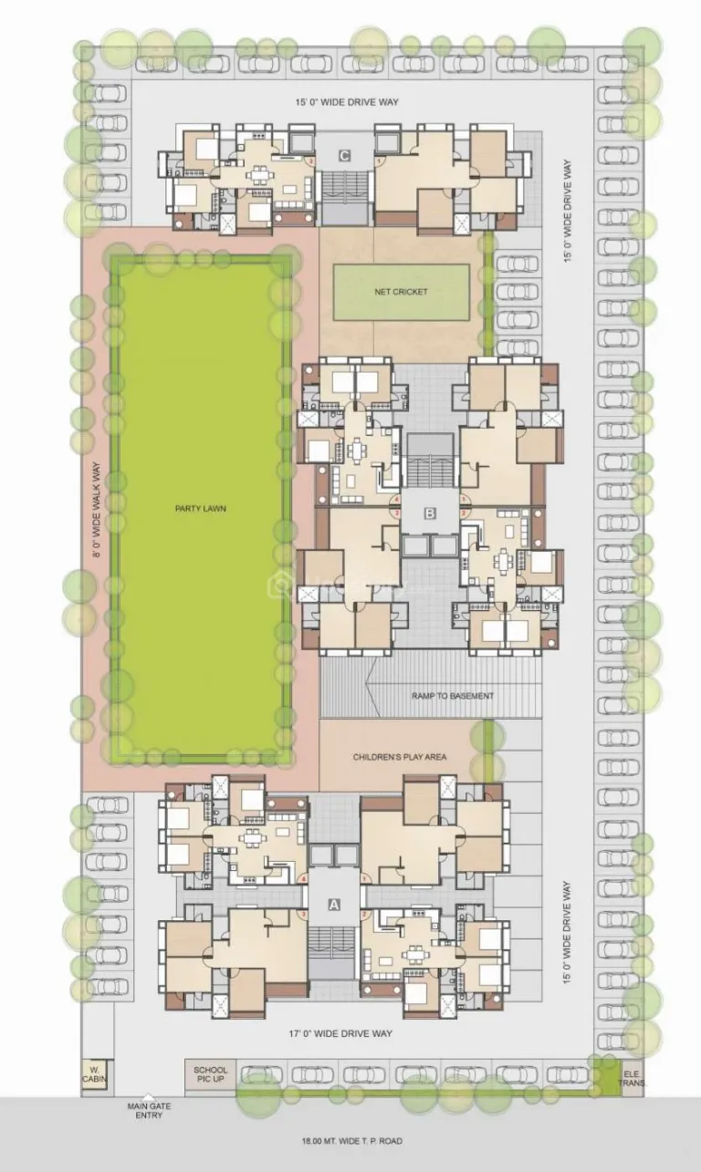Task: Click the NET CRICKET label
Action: click(401, 292)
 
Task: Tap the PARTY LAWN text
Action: click(201, 508)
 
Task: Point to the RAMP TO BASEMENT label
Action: click(453, 696)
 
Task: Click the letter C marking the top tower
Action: click(344, 156)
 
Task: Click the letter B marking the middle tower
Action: click(429, 513)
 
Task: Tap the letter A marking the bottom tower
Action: click(334, 904)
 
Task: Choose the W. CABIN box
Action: click(94, 1073)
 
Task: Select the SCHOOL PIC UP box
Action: click(210, 1073)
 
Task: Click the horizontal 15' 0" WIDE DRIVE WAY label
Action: click(342, 102)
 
